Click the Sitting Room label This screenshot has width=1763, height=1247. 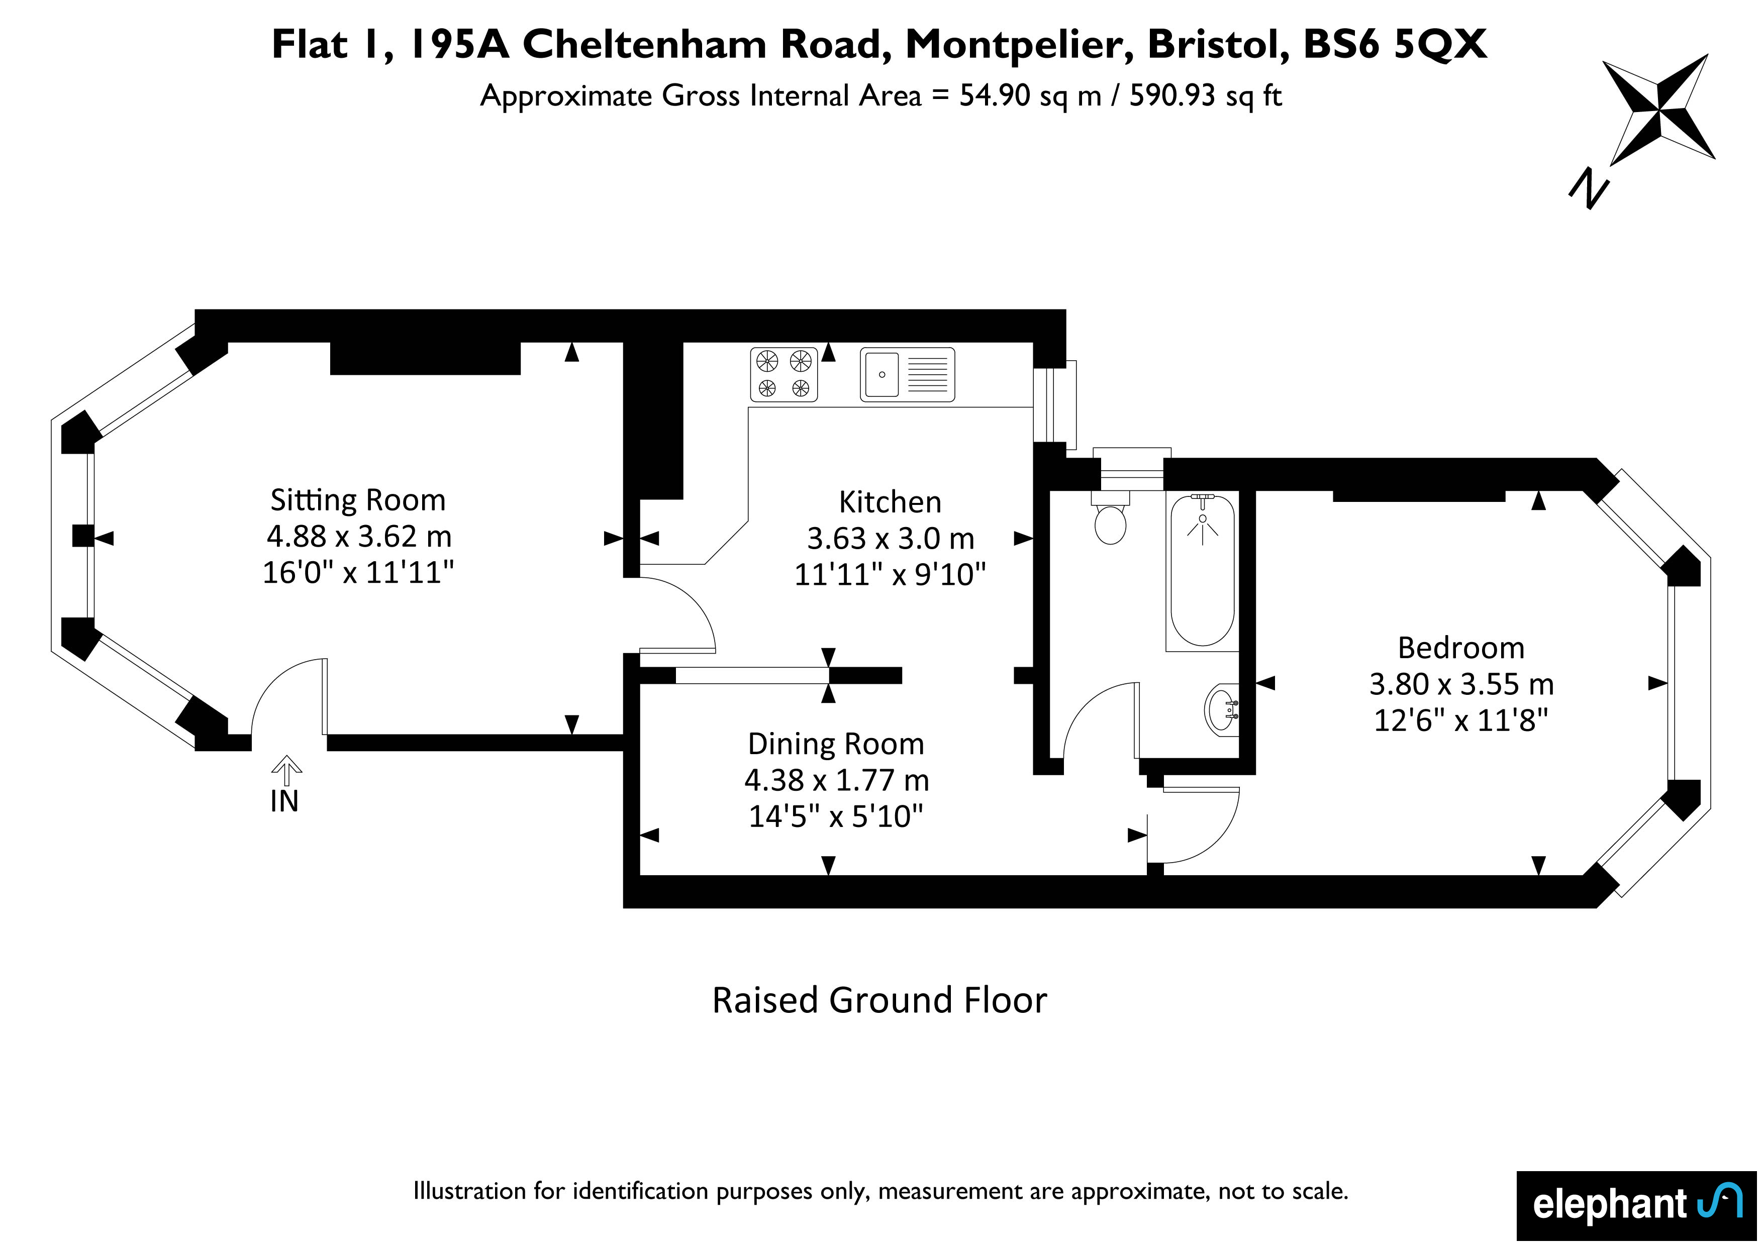coord(358,500)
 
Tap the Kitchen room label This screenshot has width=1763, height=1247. coord(890,502)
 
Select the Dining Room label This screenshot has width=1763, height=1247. coord(836,744)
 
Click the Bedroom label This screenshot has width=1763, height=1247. coord(1461,648)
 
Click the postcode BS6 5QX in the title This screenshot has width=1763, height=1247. coord(1395,45)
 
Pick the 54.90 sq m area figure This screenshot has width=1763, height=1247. coord(1030,96)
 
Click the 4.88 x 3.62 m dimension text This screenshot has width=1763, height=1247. coord(359,536)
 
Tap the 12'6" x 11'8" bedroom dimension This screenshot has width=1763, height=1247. coord(1461,720)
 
